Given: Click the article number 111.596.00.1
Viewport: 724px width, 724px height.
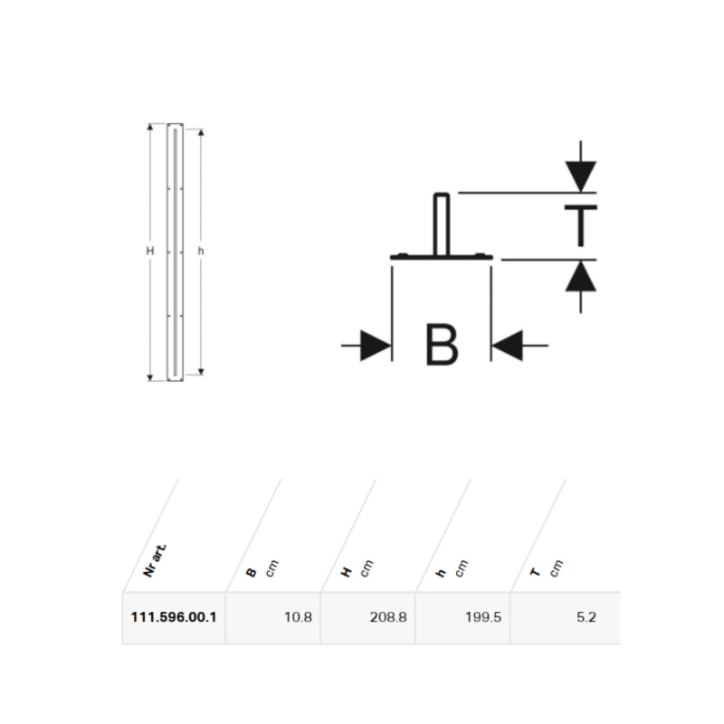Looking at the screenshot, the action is [x=174, y=617].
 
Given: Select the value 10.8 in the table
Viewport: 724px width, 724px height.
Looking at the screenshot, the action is [x=298, y=617].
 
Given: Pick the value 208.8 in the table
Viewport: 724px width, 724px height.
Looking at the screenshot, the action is [x=388, y=617].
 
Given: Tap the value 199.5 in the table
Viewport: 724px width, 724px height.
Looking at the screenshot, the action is [x=483, y=617].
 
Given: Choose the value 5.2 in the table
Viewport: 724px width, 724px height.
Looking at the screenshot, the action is [x=586, y=617].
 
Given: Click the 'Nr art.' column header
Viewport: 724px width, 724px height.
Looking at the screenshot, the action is [x=155, y=561].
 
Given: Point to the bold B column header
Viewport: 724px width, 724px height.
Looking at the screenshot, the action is [x=252, y=573].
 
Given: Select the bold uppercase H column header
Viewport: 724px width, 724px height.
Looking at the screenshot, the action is [x=347, y=573].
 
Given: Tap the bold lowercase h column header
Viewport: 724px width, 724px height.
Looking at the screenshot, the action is [x=441, y=573].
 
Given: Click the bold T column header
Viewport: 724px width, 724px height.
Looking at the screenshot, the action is [x=535, y=573].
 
